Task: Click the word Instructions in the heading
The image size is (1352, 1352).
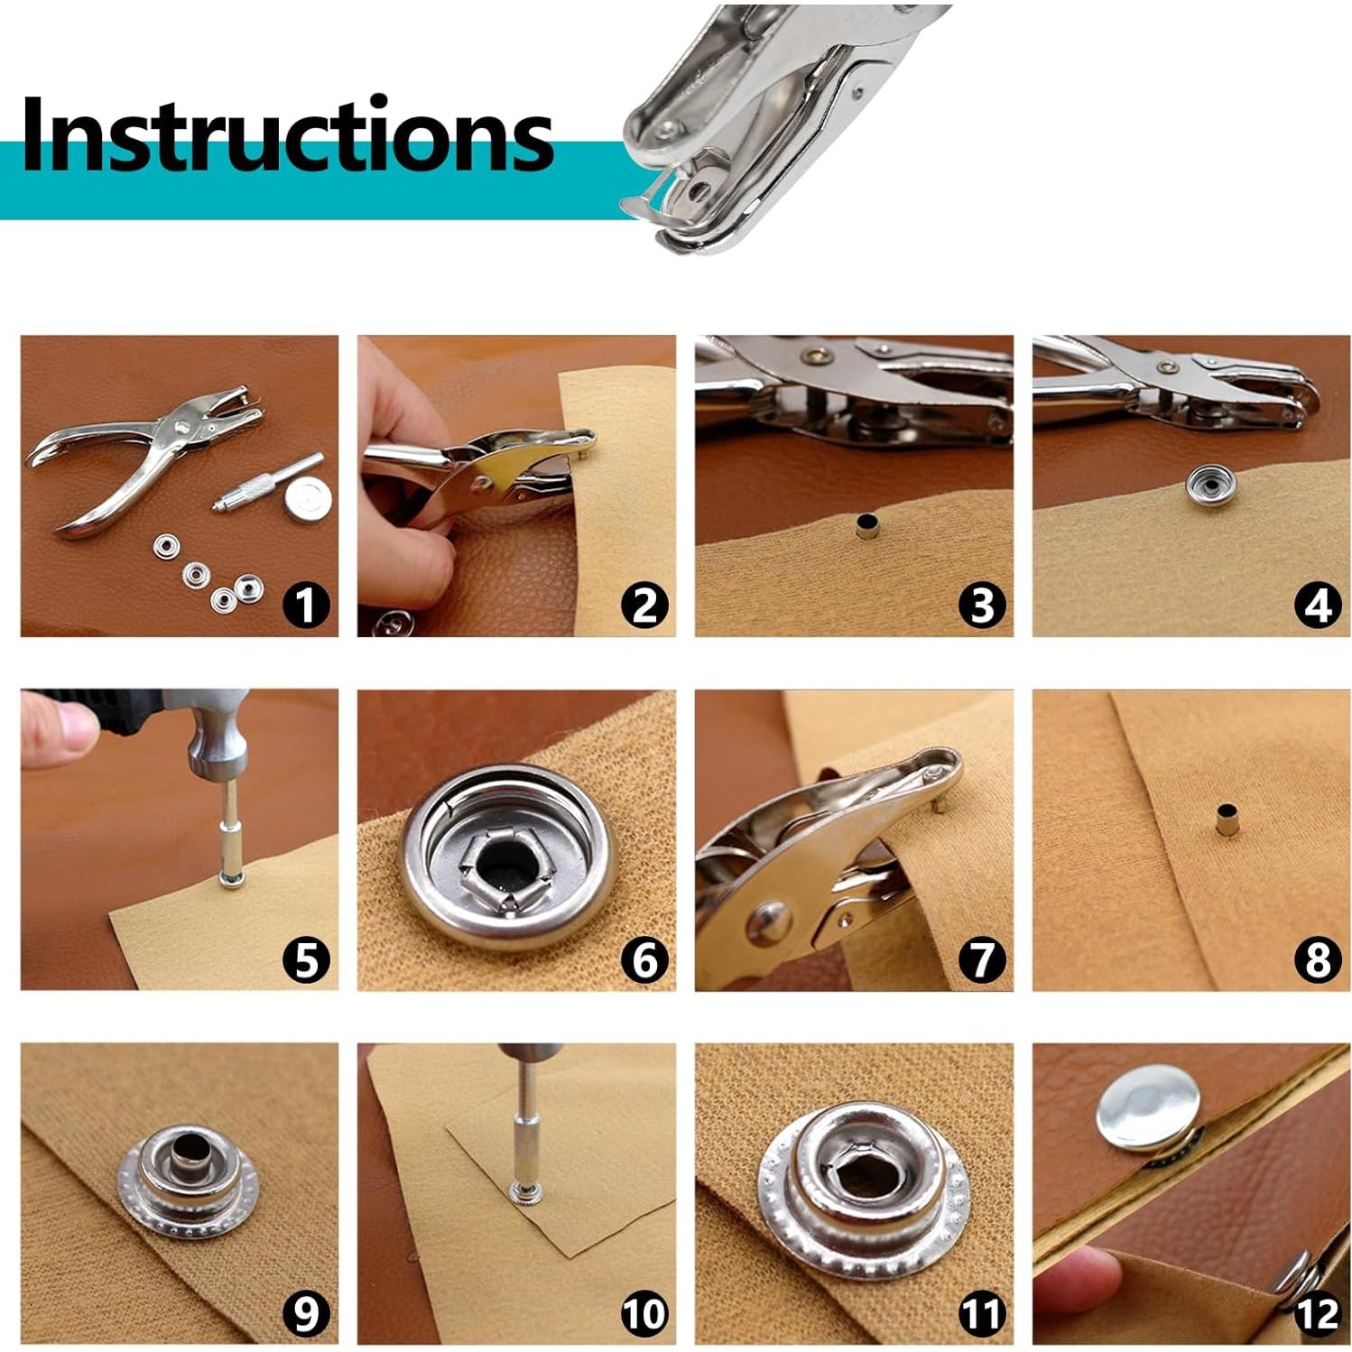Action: [x=287, y=135]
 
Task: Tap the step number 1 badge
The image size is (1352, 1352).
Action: [x=306, y=604]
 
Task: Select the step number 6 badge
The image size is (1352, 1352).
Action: [x=644, y=958]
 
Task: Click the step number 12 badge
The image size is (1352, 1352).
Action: [x=1318, y=1313]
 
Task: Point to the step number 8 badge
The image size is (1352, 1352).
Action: [x=1318, y=958]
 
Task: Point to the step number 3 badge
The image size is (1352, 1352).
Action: [x=981, y=604]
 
